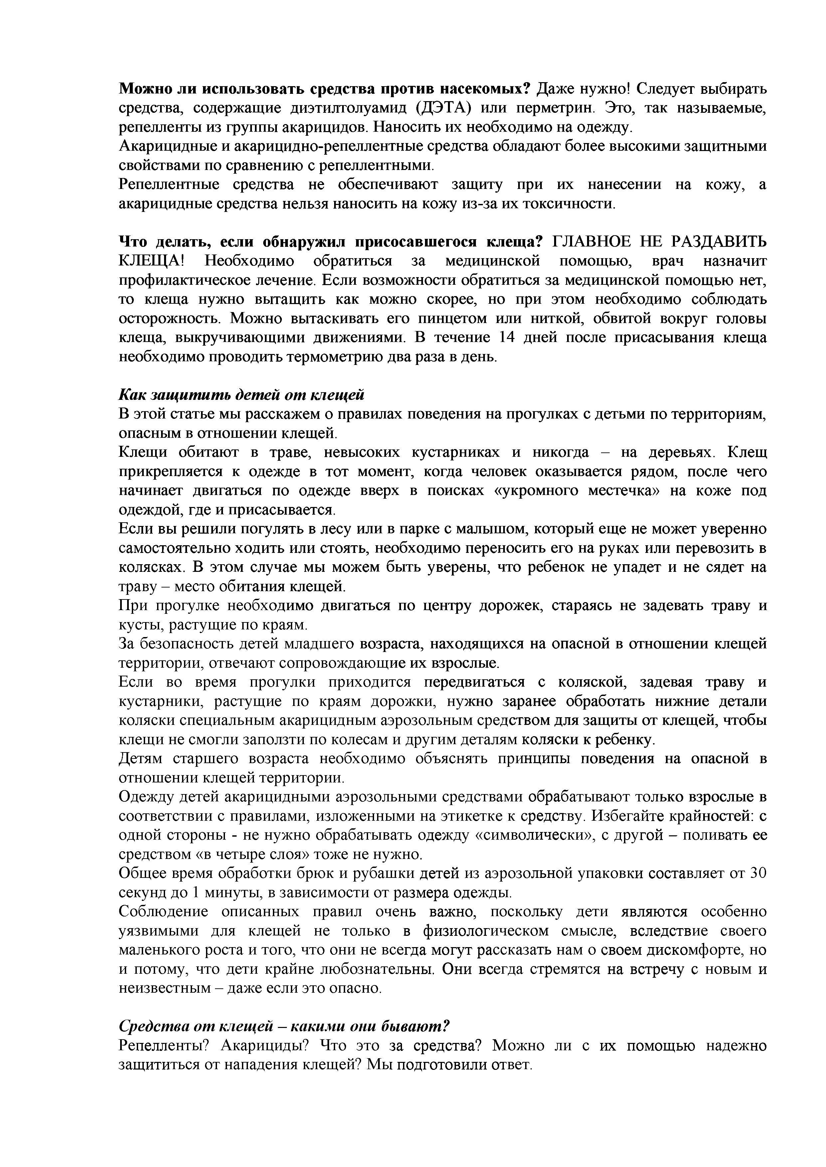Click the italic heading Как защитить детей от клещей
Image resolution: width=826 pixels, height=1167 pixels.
pos(242,395)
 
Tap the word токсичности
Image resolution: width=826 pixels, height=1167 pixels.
pos(567,204)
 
